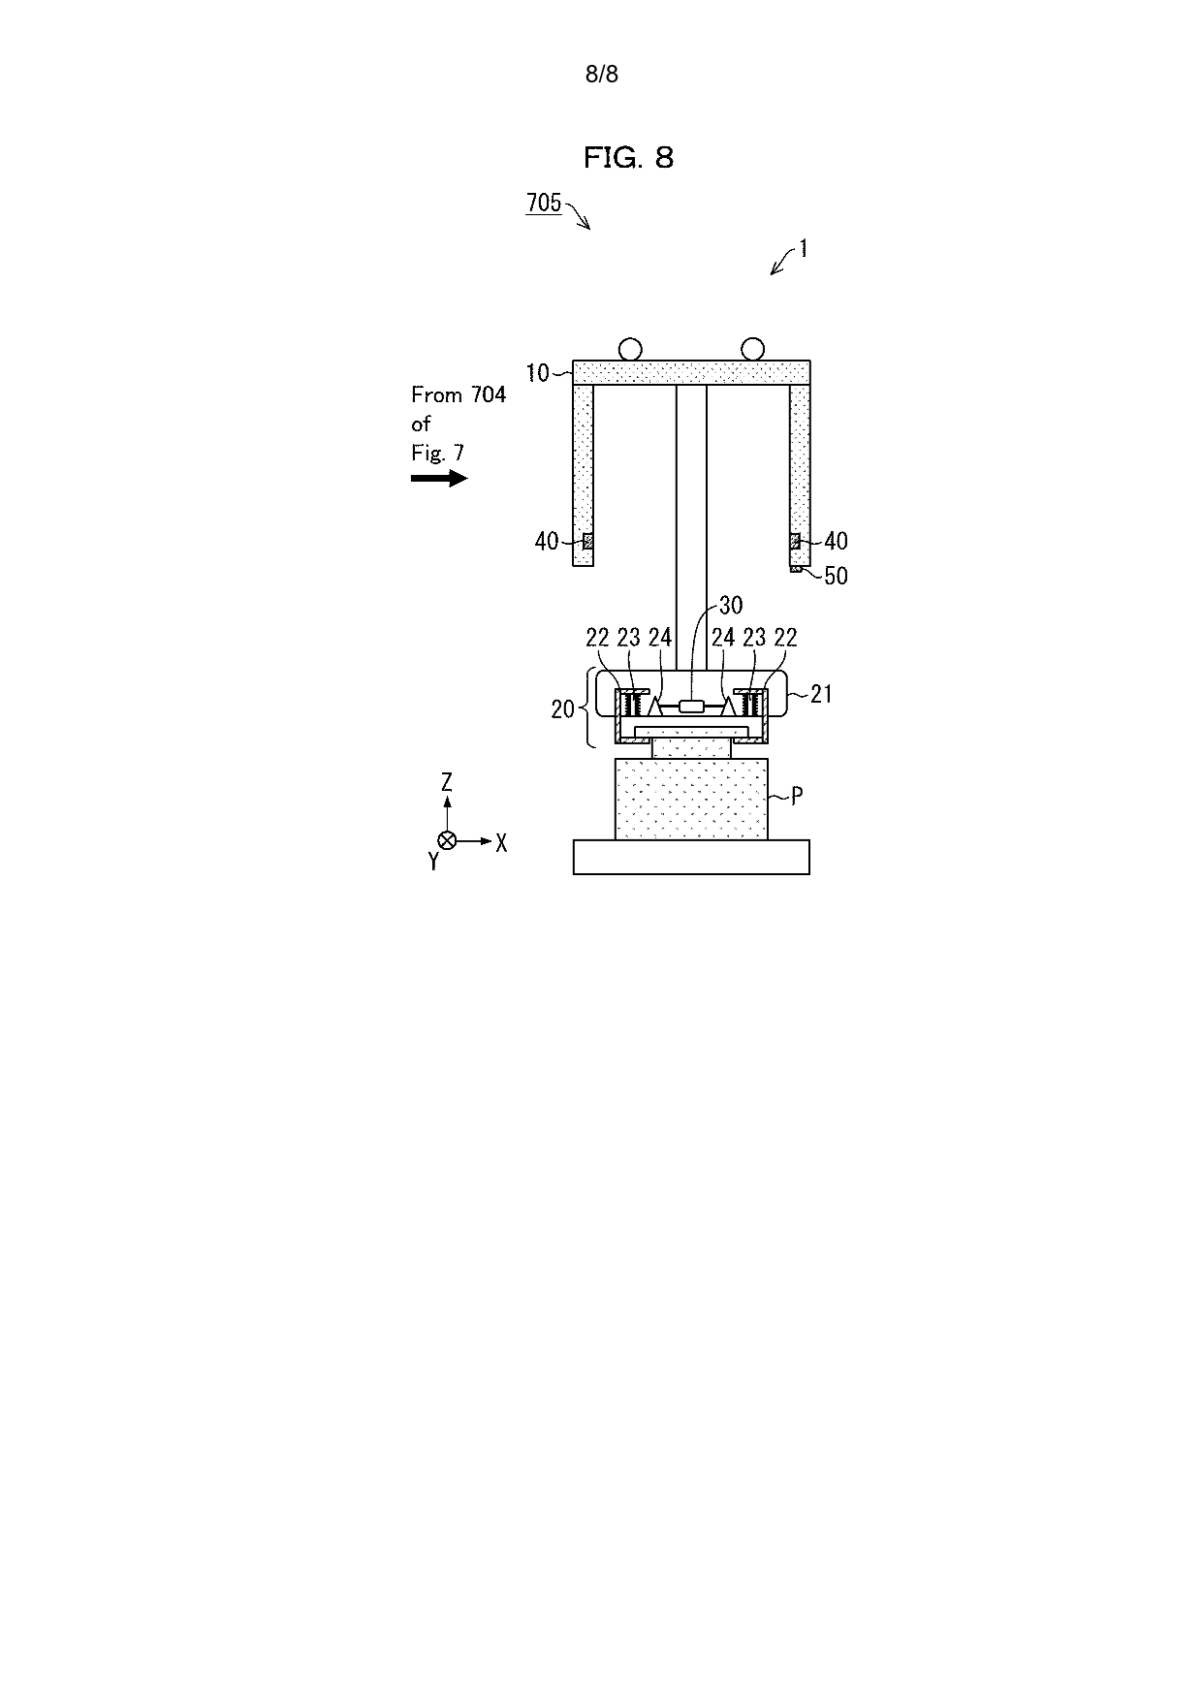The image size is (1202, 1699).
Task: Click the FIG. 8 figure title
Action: pos(628,157)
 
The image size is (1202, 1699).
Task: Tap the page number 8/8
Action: pos(601,74)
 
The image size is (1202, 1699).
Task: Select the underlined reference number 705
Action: pos(544,202)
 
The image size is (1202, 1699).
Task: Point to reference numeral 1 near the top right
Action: pos(803,248)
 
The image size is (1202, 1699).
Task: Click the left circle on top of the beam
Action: pos(630,349)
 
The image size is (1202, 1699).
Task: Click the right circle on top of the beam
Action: pos(752,349)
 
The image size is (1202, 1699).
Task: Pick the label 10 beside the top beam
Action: pos(537,373)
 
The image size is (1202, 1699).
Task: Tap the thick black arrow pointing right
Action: pos(439,478)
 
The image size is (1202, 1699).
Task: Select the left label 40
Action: pos(547,541)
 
